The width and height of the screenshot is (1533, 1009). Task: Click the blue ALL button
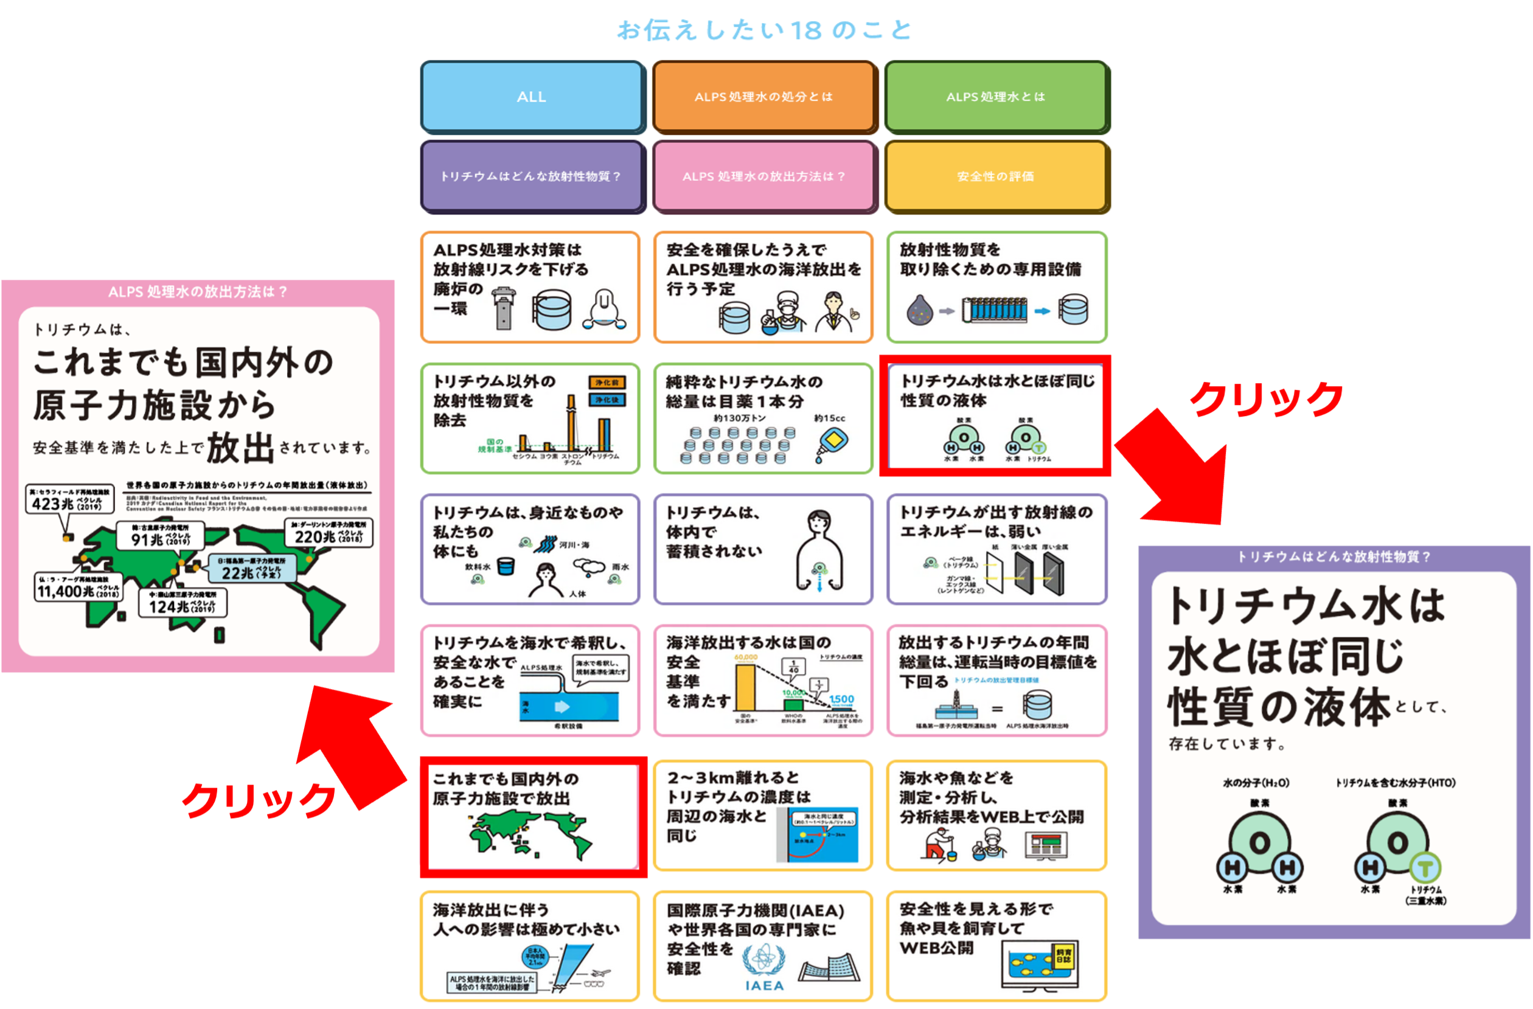click(532, 97)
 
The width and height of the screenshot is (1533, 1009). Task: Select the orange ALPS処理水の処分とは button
click(763, 97)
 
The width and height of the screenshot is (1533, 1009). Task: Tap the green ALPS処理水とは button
click(996, 97)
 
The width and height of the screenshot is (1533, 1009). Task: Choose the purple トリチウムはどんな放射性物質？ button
click(532, 176)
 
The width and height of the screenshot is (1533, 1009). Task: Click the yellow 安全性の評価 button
click(996, 176)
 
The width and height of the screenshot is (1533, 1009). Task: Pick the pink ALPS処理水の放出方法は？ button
click(763, 176)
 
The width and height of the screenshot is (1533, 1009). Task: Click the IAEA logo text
click(765, 985)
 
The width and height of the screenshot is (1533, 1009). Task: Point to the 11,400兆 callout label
click(77, 588)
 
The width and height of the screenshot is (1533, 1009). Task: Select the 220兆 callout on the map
click(328, 533)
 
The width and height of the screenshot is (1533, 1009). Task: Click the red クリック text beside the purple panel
click(1265, 399)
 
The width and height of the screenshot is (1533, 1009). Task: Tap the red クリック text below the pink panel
click(259, 800)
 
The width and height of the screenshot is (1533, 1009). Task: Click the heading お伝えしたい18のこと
click(765, 30)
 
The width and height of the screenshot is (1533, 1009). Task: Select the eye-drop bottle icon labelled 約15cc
click(832, 445)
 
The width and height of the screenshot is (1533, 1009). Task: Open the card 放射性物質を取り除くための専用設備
click(996, 287)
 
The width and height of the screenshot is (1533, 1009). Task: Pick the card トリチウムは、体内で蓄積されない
click(763, 549)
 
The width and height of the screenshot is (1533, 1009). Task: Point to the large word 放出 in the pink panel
click(241, 447)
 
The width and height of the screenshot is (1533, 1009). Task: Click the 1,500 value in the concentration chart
click(841, 699)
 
